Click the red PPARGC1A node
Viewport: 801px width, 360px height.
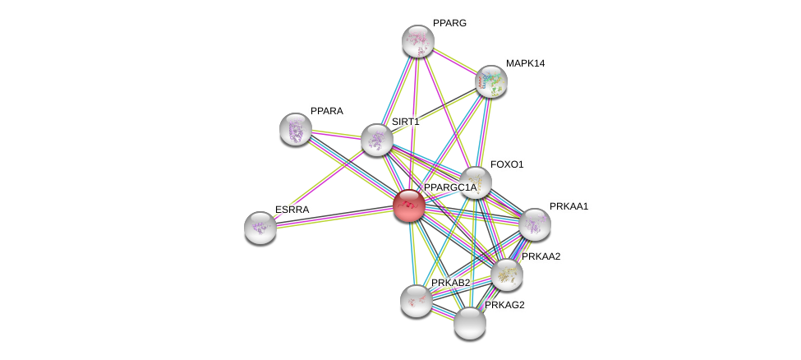pyautogui.click(x=408, y=205)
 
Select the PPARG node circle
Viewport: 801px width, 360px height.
pyautogui.click(x=417, y=40)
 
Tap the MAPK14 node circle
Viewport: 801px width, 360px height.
pyautogui.click(x=490, y=81)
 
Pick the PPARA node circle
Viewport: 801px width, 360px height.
pyautogui.click(x=296, y=128)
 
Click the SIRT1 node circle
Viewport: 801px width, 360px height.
pyautogui.click(x=376, y=139)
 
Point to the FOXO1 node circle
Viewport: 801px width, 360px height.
pyautogui.click(x=475, y=182)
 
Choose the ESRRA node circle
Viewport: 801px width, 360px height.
pyautogui.click(x=260, y=227)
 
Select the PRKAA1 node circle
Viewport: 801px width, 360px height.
pyautogui.click(x=534, y=224)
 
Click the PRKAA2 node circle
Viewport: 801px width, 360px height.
pyautogui.click(x=506, y=275)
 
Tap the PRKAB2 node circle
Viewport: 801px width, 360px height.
pyautogui.click(x=416, y=300)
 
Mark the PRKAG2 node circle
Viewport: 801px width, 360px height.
pyautogui.click(x=470, y=323)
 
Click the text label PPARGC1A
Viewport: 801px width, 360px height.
pyautogui.click(x=449, y=188)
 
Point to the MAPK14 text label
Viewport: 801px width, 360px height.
pyautogui.click(x=525, y=63)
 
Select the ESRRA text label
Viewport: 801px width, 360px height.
pyautogui.click(x=292, y=210)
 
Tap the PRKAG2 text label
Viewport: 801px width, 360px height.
pyautogui.click(x=504, y=306)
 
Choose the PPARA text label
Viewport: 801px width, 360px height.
pyautogui.click(x=327, y=111)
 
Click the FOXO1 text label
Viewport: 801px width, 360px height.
pyautogui.click(x=506, y=164)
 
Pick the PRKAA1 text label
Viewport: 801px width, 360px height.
pyautogui.click(x=569, y=206)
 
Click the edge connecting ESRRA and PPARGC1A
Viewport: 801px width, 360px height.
pyautogui.click(x=334, y=216)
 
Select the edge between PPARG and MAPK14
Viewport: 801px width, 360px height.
pyautogui.click(x=453, y=60)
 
